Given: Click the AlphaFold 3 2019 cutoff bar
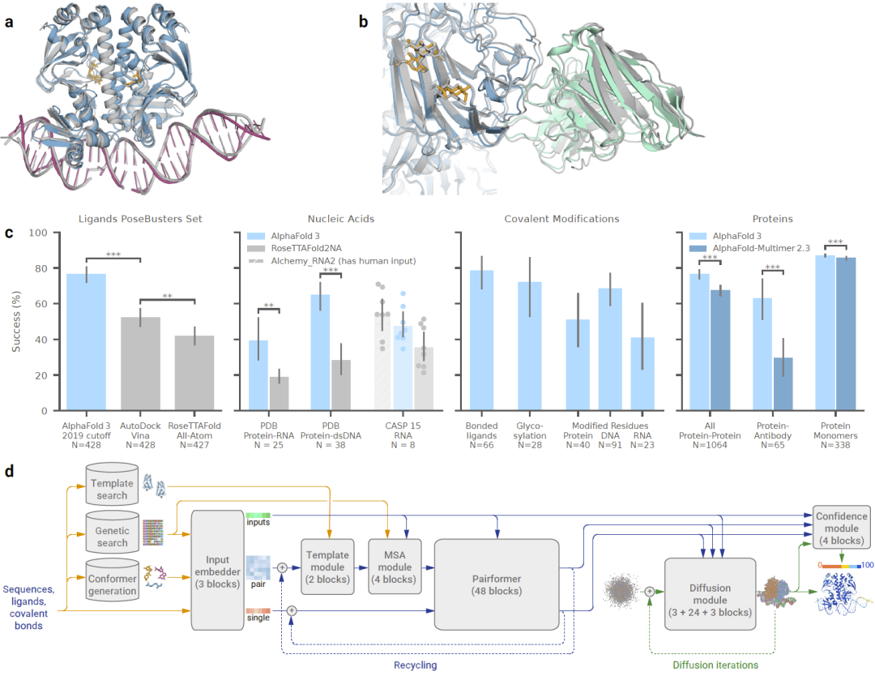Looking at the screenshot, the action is pos(86,342).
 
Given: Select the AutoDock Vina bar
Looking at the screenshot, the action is pos(140,364).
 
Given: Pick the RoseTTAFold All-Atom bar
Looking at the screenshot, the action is pos(194,373).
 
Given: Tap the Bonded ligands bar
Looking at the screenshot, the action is pos(481,340).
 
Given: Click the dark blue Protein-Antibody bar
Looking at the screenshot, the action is pos(783,384).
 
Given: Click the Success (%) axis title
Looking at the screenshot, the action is pos(16,322).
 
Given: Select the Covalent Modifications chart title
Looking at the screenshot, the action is pos(561,219).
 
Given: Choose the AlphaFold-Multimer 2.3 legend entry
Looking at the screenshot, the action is pos(749,248).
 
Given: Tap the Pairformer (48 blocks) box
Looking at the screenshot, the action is pos(497,584).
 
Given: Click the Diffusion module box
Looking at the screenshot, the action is pos(710,594).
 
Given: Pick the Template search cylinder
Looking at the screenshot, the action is pos(112,485).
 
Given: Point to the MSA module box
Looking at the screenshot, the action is pos(395,567).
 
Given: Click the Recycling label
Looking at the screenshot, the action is pos(415,665).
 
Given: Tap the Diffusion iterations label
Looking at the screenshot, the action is pos(715,665).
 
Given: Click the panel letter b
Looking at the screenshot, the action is pos(363,22).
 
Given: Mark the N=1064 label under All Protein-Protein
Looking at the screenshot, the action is pos(710,445).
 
